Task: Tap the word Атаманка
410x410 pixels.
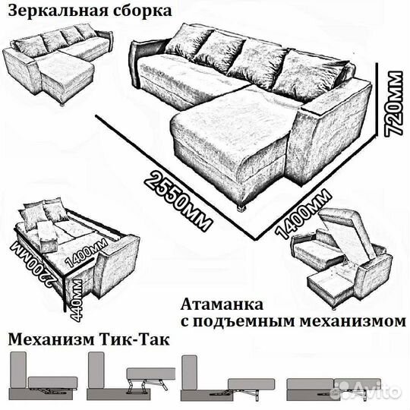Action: click(x=222, y=304)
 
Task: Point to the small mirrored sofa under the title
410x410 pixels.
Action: click(x=58, y=65)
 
